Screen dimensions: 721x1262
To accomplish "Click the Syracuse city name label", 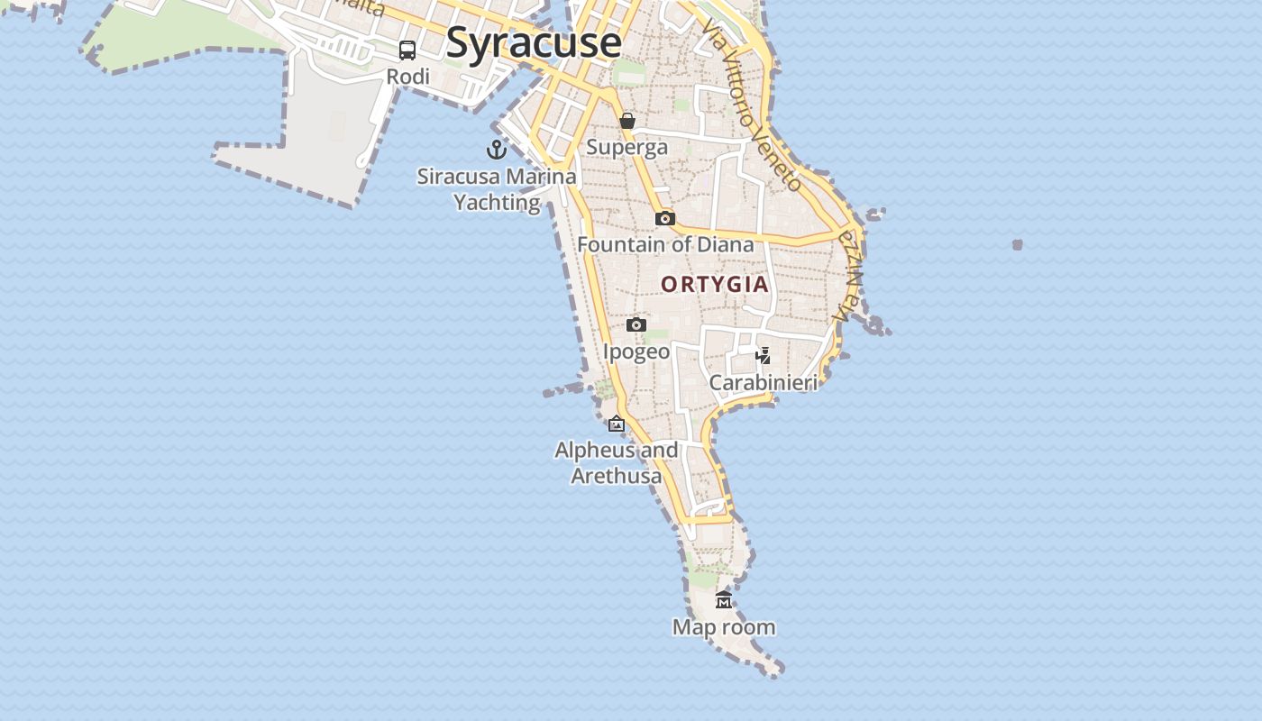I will pyautogui.click(x=534, y=43).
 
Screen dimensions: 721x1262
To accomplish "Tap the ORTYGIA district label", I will pyautogui.click(x=715, y=285).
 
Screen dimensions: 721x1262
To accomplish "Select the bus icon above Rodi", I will pyautogui.click(x=407, y=50).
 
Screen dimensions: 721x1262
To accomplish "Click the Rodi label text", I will pyautogui.click(x=407, y=77).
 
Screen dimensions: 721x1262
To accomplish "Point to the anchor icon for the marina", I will pyautogui.click(x=497, y=150).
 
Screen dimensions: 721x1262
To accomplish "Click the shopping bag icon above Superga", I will pyautogui.click(x=627, y=121).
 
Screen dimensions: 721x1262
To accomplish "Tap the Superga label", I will pyautogui.click(x=627, y=147).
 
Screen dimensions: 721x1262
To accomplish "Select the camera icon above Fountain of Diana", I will pyautogui.click(x=665, y=218).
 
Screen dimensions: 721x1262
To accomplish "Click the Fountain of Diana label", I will pyautogui.click(x=665, y=244).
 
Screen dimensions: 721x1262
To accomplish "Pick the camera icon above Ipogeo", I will pyautogui.click(x=636, y=324).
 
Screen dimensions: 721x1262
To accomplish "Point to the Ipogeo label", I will pyautogui.click(x=636, y=351).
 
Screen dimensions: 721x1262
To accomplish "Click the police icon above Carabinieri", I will pyautogui.click(x=764, y=356).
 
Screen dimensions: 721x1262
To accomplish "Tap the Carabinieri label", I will pyautogui.click(x=764, y=383).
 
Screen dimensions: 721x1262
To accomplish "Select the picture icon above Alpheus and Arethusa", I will pyautogui.click(x=617, y=424).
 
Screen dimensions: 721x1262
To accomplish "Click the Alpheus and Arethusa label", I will pyautogui.click(x=617, y=462).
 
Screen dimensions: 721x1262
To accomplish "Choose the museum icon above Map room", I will pyautogui.click(x=724, y=600).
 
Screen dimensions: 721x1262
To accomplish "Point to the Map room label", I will pyautogui.click(x=724, y=627).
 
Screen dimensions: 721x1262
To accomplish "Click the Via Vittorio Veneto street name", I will pyautogui.click(x=752, y=105).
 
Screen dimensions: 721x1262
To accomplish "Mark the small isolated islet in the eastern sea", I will pyautogui.click(x=1018, y=244).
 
